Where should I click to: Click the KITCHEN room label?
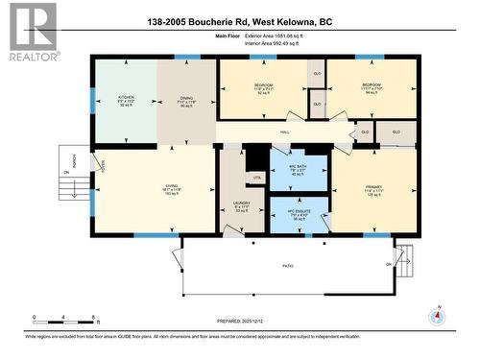point(126,97)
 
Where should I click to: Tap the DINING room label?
point(187,97)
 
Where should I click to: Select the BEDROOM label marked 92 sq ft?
point(264,85)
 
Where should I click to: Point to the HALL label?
point(285,132)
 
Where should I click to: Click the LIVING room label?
point(173,185)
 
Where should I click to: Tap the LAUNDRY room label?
point(242,204)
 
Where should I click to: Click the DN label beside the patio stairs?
point(390,263)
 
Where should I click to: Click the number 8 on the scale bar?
point(93,317)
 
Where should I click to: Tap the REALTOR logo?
point(30,33)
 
